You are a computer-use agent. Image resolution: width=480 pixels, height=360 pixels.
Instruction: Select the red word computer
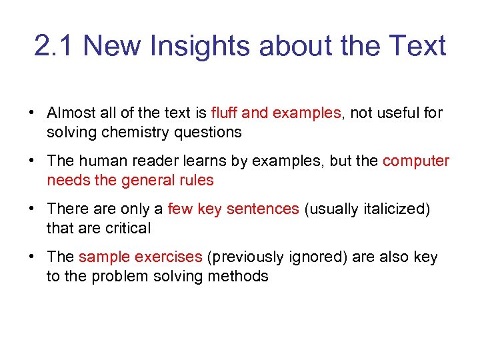[416, 161]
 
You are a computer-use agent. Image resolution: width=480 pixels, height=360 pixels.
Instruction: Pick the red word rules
[197, 180]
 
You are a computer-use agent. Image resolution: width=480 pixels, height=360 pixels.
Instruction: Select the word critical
[128, 228]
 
